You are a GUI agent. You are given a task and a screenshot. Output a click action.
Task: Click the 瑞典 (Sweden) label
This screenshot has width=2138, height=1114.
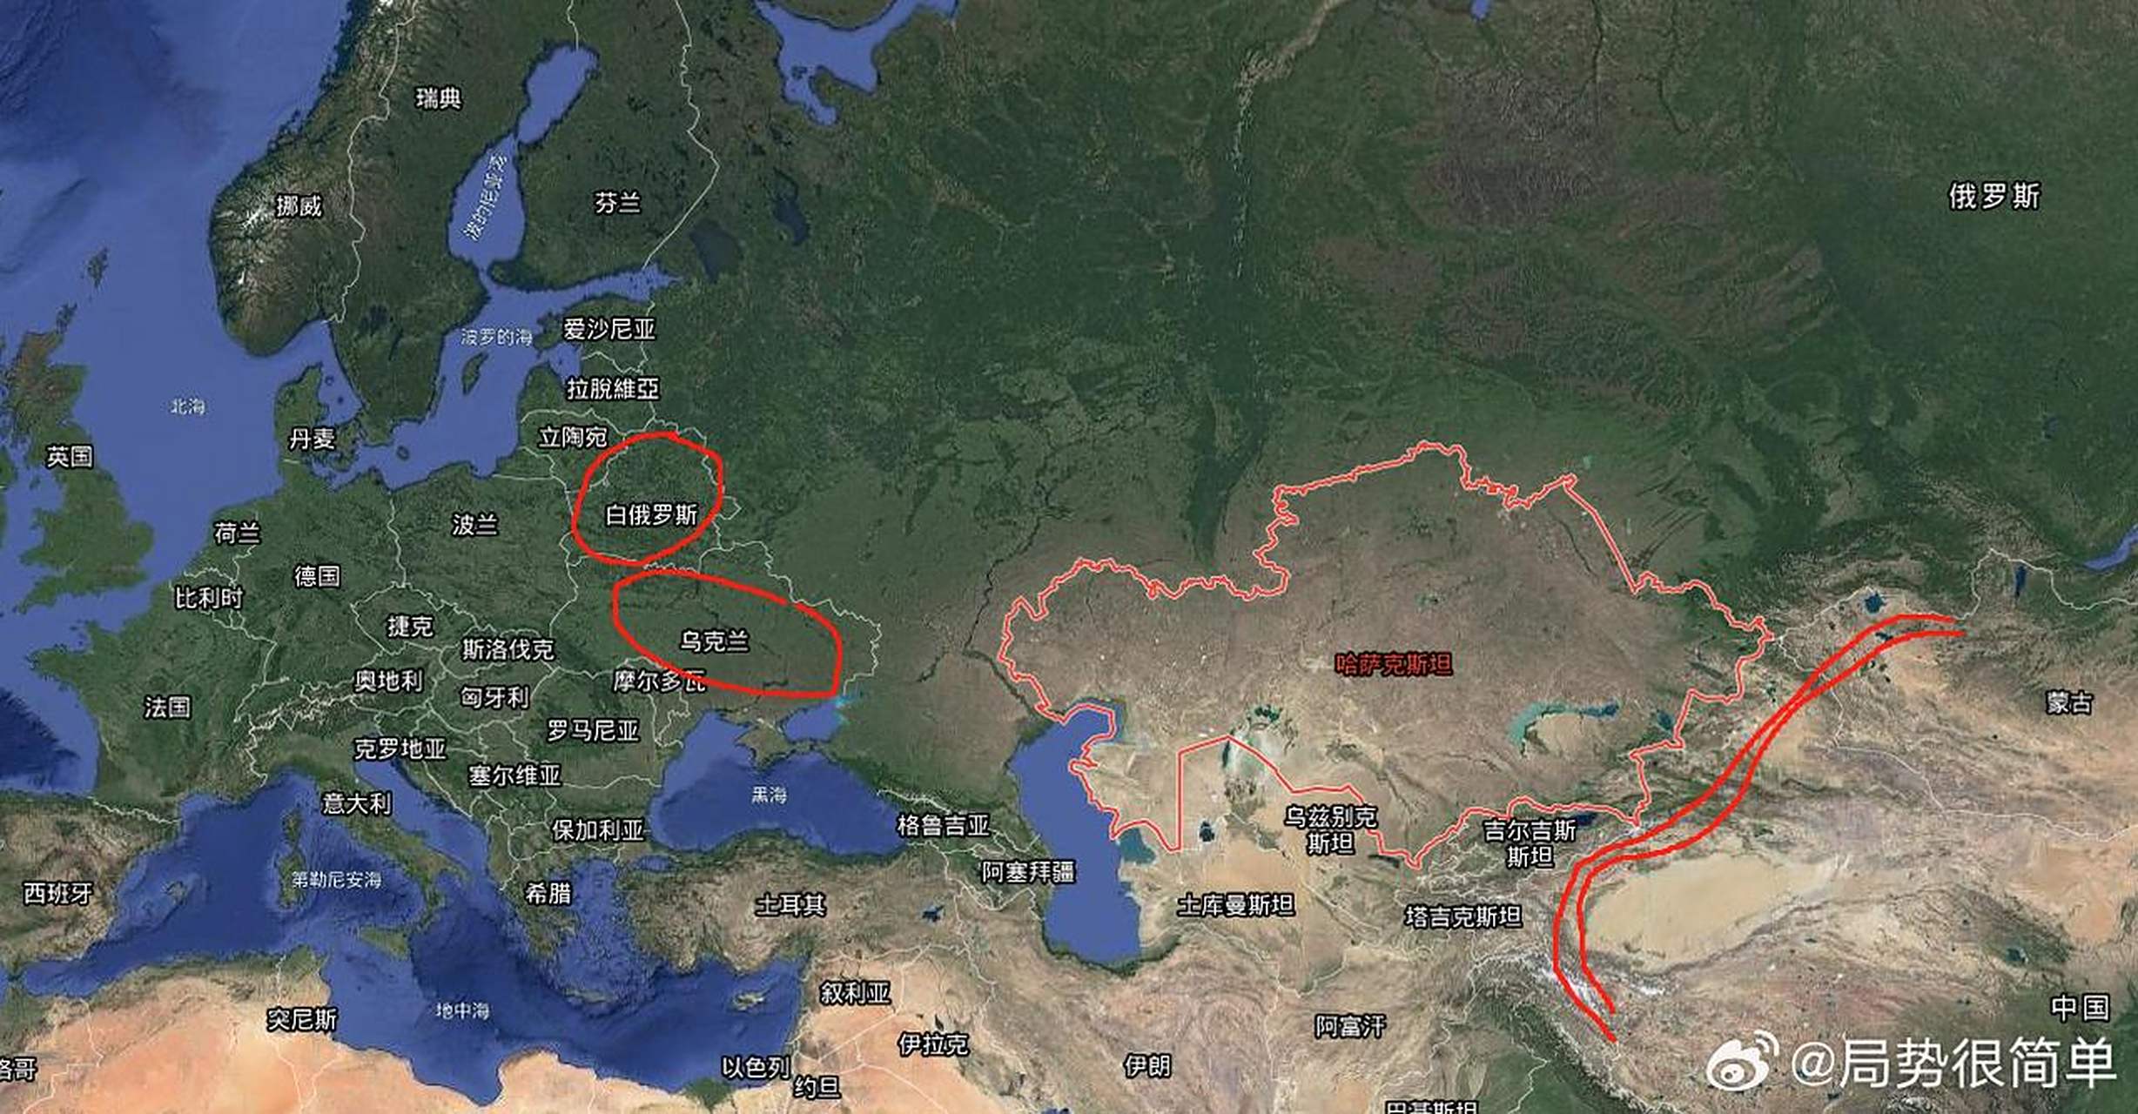[x=438, y=98]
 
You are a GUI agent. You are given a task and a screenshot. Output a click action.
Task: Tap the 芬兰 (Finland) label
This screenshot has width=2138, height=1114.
[x=617, y=204]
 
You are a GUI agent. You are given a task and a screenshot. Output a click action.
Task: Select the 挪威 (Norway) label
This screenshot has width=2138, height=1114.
[x=299, y=206]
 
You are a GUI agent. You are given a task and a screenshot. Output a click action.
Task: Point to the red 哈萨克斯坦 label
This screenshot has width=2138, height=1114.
[x=1394, y=665]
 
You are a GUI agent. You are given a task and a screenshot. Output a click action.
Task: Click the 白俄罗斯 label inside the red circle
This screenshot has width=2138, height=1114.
[x=651, y=515]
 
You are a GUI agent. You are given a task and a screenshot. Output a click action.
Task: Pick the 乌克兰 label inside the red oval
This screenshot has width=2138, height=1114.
[x=714, y=641]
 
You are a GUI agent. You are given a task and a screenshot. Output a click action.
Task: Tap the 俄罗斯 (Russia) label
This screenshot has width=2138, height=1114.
[x=1993, y=196]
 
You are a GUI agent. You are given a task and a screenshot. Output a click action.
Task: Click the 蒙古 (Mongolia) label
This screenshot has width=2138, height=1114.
[x=2068, y=702]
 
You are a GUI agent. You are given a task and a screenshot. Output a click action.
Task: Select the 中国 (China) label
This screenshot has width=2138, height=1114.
[x=2080, y=1008]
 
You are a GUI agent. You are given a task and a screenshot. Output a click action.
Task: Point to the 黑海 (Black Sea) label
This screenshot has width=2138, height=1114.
[x=769, y=795]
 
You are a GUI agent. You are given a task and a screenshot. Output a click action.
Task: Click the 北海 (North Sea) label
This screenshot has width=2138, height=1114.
[x=187, y=406]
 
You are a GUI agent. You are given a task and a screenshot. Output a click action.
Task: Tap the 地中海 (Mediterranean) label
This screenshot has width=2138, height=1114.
[x=462, y=1010]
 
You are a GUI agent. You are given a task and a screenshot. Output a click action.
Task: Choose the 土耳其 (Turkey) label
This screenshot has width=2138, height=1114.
[x=790, y=905]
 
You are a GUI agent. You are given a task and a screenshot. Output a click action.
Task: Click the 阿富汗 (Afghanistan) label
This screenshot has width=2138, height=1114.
[x=1349, y=1027]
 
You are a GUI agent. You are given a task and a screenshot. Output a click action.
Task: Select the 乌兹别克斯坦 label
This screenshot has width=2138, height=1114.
[x=1330, y=829]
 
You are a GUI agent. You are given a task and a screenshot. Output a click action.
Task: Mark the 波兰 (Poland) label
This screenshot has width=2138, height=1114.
[x=474, y=525]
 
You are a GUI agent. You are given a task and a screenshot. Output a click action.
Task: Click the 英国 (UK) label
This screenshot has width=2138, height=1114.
[x=70, y=456]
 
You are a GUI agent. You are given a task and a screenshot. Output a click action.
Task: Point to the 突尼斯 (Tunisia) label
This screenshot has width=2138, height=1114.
[x=301, y=1019]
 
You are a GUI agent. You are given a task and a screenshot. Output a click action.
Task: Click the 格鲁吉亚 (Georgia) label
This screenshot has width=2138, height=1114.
[x=943, y=825]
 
